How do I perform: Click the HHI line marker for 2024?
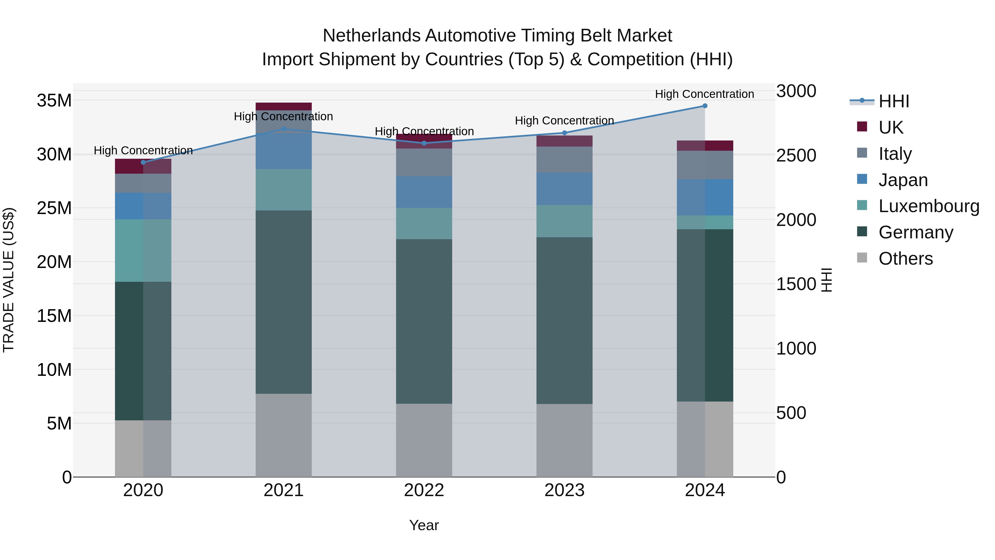click(x=705, y=106)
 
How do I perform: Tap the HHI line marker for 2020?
click(x=143, y=162)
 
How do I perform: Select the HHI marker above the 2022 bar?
click(x=424, y=143)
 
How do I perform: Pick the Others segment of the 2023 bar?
click(x=564, y=441)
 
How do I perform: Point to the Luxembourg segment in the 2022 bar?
click(x=424, y=223)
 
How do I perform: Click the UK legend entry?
click(x=891, y=127)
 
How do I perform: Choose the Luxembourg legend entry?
click(x=929, y=206)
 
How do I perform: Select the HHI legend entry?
click(x=894, y=101)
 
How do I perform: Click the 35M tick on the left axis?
click(x=54, y=100)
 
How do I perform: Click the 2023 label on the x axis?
click(x=564, y=490)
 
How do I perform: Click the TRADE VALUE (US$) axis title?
click(x=9, y=280)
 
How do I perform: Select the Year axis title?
click(x=424, y=525)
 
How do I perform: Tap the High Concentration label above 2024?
click(x=705, y=94)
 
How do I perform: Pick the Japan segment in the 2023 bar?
click(x=564, y=189)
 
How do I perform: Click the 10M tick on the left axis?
click(x=54, y=370)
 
